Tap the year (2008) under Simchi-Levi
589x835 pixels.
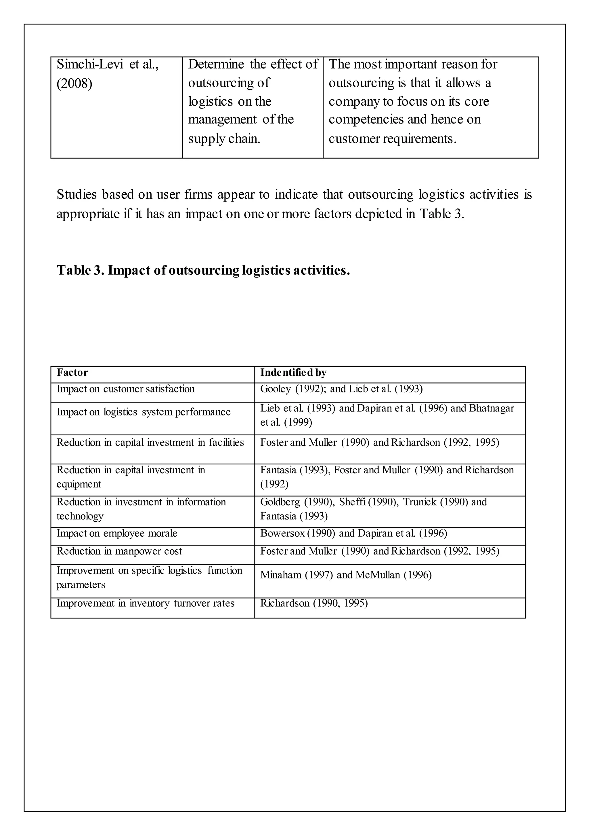[x=74, y=84]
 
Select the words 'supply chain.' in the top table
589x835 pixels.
[x=224, y=139]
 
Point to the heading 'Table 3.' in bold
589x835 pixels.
[x=80, y=271]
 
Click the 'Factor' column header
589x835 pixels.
[x=72, y=372]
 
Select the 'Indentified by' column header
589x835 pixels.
[x=293, y=372]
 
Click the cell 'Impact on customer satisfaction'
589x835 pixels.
[x=125, y=389]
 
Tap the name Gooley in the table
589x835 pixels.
[x=276, y=389]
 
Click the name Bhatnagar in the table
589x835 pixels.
[x=491, y=408]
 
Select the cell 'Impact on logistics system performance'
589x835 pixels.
[x=143, y=412]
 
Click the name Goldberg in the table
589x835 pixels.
[x=280, y=502]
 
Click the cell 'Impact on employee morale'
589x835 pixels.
[x=117, y=534]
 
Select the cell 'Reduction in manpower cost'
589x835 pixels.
[x=119, y=551]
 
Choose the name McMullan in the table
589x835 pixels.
[x=378, y=575]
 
